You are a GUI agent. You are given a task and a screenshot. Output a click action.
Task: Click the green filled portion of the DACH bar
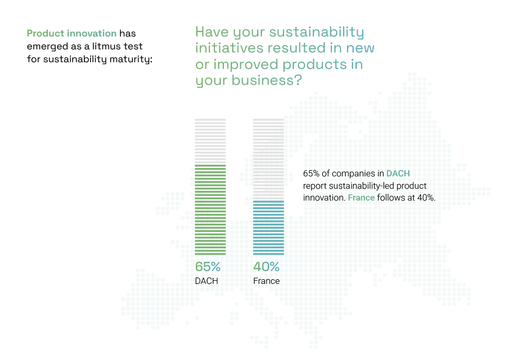coord(210,209)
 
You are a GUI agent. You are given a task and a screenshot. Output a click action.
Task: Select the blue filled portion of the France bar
coord(269,228)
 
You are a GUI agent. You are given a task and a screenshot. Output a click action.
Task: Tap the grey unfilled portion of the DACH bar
coord(210,141)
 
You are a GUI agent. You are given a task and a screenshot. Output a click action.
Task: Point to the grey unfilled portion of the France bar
coord(269,159)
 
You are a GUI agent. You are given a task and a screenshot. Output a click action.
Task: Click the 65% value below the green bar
coord(208,267)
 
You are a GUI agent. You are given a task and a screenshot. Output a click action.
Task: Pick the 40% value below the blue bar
coord(266,267)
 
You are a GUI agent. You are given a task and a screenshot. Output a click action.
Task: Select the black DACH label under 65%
coord(206,281)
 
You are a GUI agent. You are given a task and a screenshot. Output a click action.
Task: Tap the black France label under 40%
coord(266,281)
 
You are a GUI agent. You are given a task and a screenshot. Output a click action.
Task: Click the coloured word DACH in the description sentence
coord(398,174)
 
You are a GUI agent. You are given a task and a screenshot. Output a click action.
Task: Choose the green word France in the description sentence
coord(361,198)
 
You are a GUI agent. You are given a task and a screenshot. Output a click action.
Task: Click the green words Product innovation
coord(72,33)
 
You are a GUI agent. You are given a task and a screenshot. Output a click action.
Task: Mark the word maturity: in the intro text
coord(131,59)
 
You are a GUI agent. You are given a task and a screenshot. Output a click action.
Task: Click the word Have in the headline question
coord(212,32)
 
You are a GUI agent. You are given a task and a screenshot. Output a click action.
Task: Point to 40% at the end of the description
coord(426,198)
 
